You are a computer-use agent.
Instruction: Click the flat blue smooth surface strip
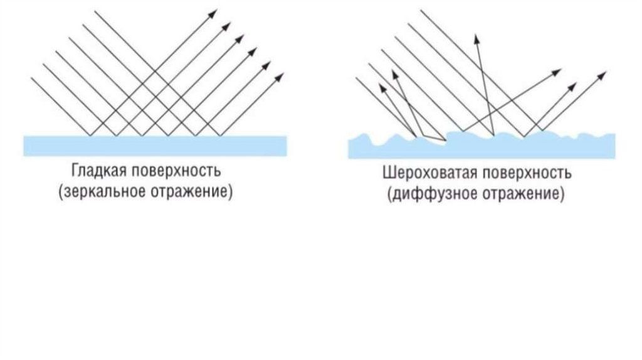pos(155,145)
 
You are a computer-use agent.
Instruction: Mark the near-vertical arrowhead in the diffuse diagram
pos(477,37)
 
